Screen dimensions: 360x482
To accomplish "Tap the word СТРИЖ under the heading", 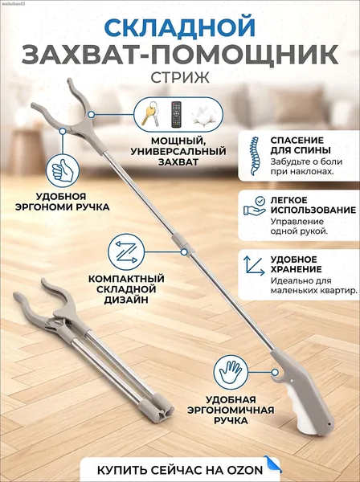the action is (180, 77).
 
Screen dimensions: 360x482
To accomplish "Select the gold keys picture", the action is (150, 113).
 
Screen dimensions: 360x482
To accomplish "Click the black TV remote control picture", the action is (176, 114).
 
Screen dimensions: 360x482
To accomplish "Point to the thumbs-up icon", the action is (63, 170).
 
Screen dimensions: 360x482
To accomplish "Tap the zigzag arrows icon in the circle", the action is (126, 251).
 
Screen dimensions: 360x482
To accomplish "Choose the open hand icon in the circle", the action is (231, 372).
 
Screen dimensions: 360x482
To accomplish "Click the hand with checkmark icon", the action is (255, 206).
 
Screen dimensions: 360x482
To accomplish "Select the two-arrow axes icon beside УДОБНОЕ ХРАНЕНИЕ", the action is (254, 265).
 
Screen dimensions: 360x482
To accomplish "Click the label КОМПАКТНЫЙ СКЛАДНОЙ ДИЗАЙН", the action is (126, 289).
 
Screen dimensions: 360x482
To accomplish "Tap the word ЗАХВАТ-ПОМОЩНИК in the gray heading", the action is (180, 55).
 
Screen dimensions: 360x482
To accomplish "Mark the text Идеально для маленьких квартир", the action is (314, 285).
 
